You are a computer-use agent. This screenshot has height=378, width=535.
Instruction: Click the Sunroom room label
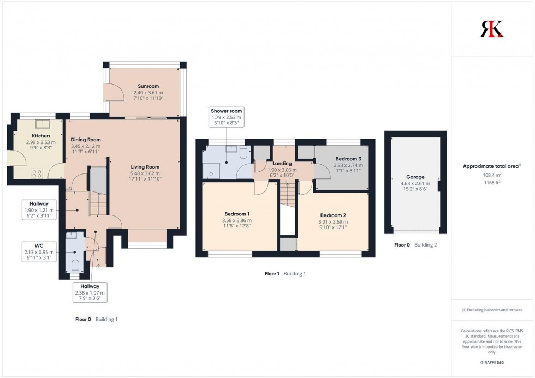tap(148, 86)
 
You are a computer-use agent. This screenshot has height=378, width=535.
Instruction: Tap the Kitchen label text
tap(41, 136)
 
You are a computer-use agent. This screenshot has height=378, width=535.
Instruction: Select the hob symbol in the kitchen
tap(38, 173)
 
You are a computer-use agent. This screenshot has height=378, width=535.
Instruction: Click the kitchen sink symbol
tap(40, 123)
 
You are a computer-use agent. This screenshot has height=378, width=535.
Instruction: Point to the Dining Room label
tap(86, 140)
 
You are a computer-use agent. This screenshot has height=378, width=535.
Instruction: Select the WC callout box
tap(38, 251)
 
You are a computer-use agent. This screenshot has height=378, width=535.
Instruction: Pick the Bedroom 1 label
tap(237, 214)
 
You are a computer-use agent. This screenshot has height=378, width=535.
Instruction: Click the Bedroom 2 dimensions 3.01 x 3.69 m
tap(333, 222)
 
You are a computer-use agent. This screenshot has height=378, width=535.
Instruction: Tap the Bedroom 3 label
tap(344, 158)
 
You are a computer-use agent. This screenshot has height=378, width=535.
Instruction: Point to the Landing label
tap(282, 163)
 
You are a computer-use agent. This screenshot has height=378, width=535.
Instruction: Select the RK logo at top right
tap(492, 28)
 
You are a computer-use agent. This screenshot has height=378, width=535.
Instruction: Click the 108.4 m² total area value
tap(492, 175)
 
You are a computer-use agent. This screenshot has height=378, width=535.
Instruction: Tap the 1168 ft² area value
tap(492, 183)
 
